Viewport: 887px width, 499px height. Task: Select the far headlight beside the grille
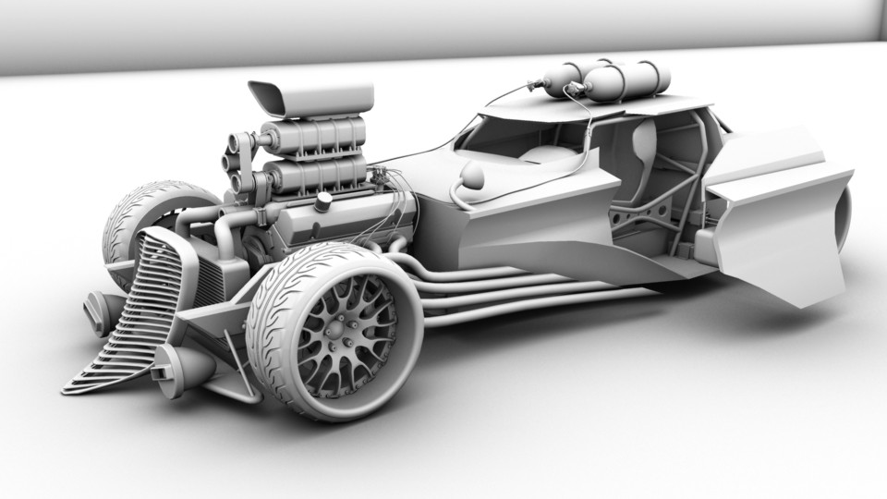[98, 311]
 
